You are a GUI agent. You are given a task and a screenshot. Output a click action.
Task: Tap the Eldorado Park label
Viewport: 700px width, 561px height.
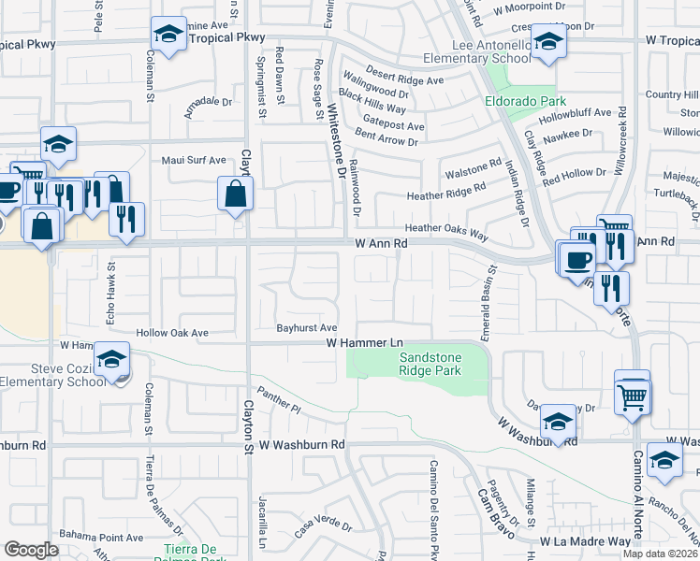[513, 100]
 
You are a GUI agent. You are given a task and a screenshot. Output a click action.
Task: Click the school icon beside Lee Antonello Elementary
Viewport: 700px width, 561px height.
[547, 41]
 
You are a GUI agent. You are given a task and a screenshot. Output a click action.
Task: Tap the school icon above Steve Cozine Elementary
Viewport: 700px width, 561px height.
[111, 360]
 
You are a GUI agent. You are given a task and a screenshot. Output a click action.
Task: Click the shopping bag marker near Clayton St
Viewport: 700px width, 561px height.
[235, 194]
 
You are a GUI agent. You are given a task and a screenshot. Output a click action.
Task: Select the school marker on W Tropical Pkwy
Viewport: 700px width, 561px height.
[168, 35]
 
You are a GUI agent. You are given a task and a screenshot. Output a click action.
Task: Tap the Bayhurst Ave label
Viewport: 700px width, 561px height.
[306, 328]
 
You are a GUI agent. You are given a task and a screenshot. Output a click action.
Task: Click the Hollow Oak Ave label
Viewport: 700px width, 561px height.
[172, 333]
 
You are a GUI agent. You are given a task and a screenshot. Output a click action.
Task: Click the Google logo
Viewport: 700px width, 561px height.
[32, 550]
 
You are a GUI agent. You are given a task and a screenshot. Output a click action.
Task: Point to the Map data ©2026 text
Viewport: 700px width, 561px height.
[661, 554]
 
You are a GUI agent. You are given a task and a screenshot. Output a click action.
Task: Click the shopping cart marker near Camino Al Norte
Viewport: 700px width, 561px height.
[633, 396]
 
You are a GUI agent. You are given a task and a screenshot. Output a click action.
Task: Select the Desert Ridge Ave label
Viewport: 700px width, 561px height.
[404, 80]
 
